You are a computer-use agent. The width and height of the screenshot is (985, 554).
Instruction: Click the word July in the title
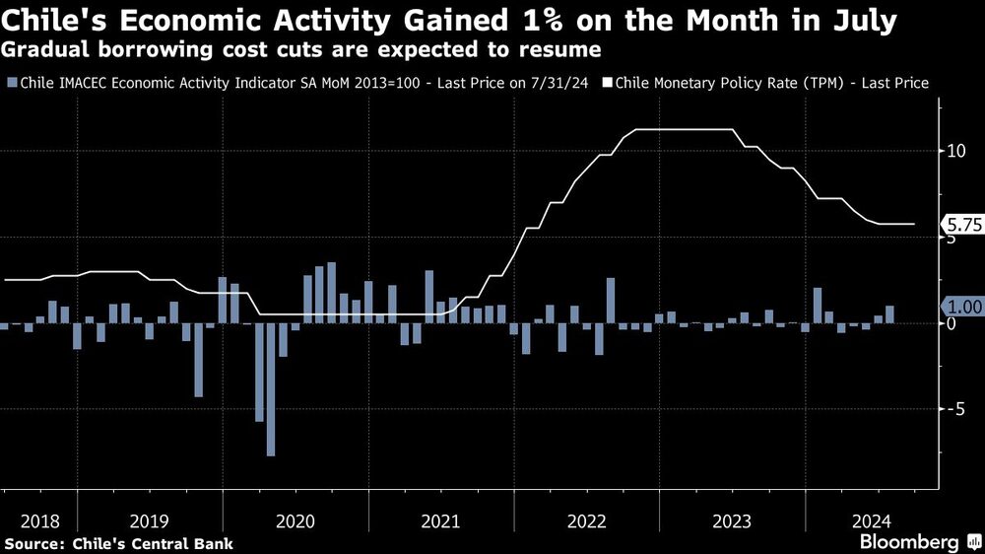858,21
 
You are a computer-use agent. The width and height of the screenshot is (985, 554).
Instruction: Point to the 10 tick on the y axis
954,151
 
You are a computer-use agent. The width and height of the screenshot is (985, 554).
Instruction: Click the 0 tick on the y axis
951,324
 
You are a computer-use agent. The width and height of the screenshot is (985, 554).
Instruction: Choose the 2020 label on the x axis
296,519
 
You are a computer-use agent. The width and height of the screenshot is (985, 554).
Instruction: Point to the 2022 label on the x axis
587,519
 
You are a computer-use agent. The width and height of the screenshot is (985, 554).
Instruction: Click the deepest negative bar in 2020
271,389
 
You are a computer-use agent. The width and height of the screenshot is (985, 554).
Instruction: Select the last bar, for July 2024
890,314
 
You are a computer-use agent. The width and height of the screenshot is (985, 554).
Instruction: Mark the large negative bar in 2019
198,360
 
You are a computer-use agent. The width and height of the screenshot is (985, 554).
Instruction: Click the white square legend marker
609,84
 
